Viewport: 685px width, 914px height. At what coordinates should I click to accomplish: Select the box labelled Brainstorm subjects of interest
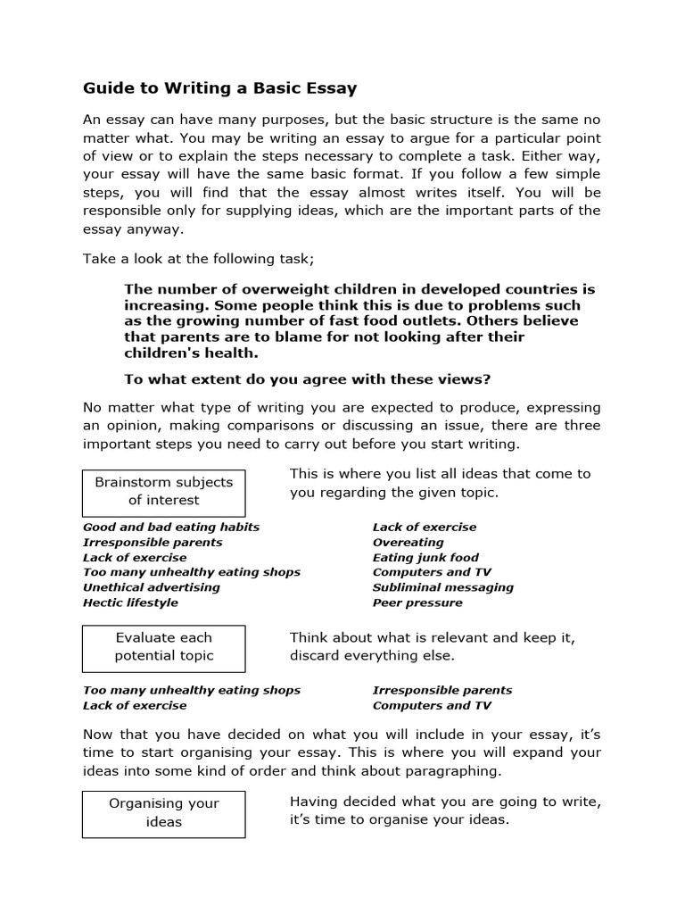tap(163, 491)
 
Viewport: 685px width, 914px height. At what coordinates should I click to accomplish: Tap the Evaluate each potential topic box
tap(163, 647)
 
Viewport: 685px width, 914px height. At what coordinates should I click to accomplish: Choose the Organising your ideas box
tap(163, 812)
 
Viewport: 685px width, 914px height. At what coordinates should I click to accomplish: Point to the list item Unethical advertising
tap(152, 587)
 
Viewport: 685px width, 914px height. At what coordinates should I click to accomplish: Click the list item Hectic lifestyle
tap(130, 602)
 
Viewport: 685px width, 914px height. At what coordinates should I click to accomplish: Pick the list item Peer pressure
tap(417, 602)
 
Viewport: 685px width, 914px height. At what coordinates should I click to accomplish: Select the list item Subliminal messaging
tap(442, 587)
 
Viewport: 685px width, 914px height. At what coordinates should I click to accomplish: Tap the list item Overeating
tap(408, 542)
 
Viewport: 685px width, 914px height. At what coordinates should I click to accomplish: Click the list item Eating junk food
tap(425, 557)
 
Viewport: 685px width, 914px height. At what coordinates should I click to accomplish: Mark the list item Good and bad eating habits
tap(171, 527)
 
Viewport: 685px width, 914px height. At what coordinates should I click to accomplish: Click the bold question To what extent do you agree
tap(308, 378)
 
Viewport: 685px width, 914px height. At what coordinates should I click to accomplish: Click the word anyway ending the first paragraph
tap(165, 228)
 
